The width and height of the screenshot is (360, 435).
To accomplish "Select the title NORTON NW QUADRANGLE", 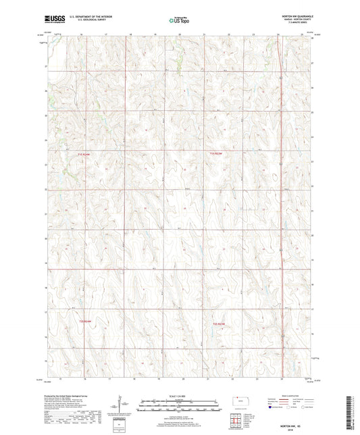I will [x=297, y=16].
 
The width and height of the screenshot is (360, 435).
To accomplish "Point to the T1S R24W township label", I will [x=83, y=154].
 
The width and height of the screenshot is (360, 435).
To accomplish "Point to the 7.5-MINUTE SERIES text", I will [x=298, y=24].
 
